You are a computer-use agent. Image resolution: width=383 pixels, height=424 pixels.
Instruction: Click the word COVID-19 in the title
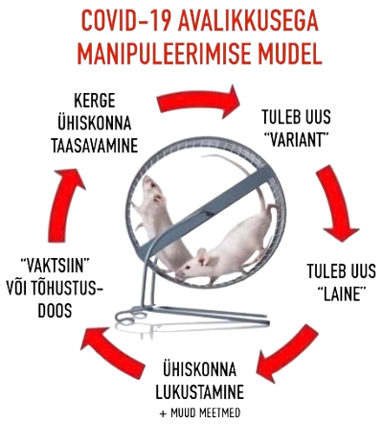[x=124, y=21]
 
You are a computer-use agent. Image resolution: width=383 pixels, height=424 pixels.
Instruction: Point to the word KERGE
[x=95, y=101]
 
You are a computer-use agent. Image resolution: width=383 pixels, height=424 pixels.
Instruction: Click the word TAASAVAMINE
[x=95, y=146]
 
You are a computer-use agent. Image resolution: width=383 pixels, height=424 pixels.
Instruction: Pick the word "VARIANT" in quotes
[x=296, y=139]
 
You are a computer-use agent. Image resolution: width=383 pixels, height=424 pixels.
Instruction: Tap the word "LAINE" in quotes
[x=341, y=294]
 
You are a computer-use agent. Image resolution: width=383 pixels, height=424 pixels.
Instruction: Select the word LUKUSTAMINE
[x=199, y=391]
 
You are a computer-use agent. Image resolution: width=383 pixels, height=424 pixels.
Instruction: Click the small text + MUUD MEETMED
[x=200, y=412]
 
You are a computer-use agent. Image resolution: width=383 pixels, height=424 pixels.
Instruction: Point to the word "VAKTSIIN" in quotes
[x=55, y=266]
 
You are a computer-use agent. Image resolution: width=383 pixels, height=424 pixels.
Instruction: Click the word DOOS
[x=55, y=311]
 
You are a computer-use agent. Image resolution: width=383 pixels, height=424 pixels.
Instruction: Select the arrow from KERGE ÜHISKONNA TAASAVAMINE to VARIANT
[x=198, y=101]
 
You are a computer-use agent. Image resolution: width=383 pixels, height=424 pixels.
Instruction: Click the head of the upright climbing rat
[x=152, y=189]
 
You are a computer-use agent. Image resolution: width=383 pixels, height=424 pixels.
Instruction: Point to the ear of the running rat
[x=202, y=256]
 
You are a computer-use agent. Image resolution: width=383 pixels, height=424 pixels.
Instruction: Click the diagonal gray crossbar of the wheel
[x=204, y=211]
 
